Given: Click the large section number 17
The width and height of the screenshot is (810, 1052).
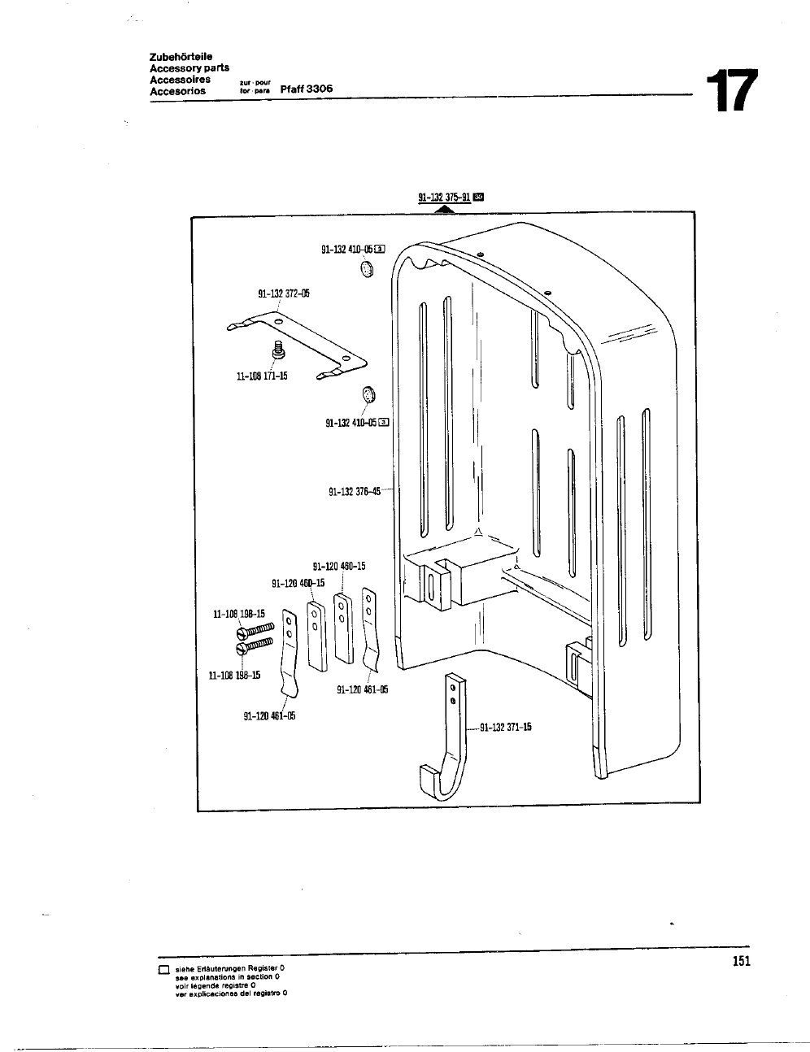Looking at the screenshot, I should point(731,91).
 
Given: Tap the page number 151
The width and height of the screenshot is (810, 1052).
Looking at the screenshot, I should point(740,962).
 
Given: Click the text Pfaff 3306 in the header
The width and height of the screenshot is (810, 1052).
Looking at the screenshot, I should point(307,89).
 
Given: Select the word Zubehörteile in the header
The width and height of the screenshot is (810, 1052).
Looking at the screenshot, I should point(181,57).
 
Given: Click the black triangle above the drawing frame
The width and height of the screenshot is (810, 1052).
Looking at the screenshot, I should point(443,209).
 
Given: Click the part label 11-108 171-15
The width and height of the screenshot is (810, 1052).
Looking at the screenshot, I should point(262,376).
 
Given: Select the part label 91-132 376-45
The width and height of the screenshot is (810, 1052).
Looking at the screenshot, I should point(355,491).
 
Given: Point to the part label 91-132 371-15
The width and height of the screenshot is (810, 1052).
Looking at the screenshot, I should point(506,728).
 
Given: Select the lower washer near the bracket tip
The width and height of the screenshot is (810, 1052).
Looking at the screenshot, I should point(368,396).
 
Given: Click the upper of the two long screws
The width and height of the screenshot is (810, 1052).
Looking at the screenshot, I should point(257,632).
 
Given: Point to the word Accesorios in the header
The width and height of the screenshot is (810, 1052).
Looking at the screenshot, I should point(177,91).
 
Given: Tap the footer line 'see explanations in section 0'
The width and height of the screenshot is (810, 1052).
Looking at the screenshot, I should point(228,976).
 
